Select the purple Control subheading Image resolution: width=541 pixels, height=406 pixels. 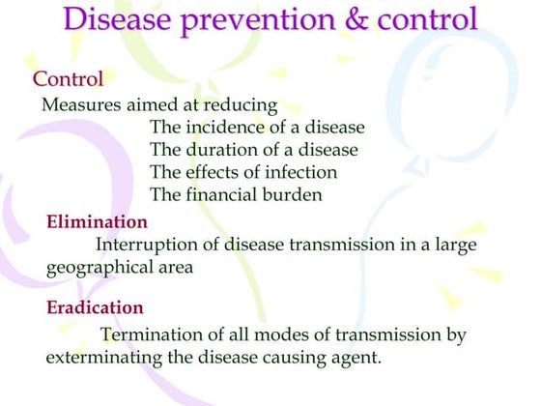(68, 78)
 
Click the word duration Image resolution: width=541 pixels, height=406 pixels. (219, 151)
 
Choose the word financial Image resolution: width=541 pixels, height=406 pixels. (221, 195)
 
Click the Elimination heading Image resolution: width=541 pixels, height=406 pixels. (97, 222)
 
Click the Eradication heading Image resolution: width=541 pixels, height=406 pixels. (95, 308)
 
